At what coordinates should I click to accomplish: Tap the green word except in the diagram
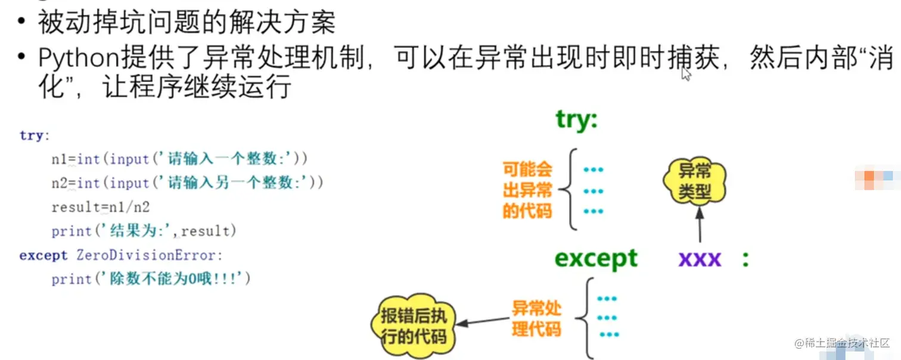[596, 259]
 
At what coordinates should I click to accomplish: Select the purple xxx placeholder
[700, 259]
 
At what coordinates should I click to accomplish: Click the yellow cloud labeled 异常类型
[695, 182]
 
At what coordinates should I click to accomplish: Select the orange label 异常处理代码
[536, 318]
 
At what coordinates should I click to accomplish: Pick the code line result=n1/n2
[101, 207]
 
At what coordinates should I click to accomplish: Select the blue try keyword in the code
[31, 135]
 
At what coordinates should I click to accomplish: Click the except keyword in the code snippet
[44, 255]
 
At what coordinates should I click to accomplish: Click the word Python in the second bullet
[78, 58]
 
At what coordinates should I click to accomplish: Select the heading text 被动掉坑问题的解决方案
[187, 23]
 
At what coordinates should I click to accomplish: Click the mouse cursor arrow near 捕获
[686, 73]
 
